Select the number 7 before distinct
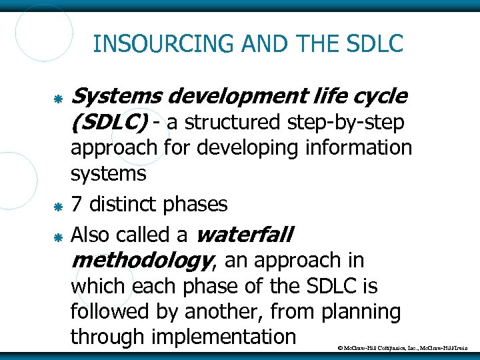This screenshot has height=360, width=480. click(77, 204)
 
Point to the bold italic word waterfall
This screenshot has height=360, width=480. click(246, 235)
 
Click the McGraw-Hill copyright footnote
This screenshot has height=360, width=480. click(405, 348)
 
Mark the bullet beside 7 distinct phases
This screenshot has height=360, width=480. click(58, 205)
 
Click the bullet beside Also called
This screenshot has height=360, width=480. click(58, 237)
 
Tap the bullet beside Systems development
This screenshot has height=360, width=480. click(58, 99)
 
